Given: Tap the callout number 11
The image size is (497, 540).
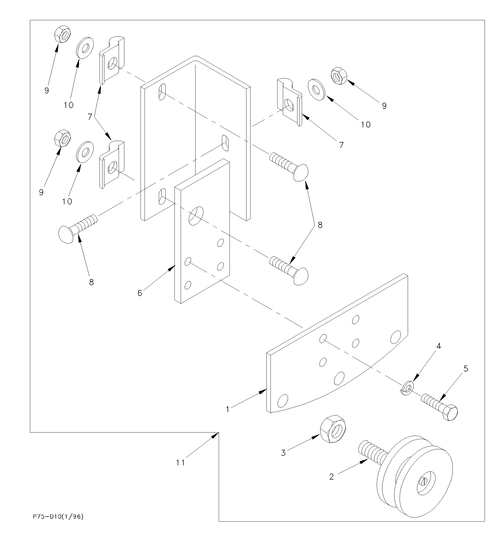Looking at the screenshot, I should point(180,463).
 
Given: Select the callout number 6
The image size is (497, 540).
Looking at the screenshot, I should point(140,293).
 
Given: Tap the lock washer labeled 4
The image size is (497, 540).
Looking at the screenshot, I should point(406,389).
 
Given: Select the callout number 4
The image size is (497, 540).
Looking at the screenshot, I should point(439,346).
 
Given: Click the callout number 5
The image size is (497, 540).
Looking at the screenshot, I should point(466,369).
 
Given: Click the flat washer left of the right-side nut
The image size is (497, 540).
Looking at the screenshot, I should point(316,90).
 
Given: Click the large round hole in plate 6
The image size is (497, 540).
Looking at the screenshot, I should point(196,216).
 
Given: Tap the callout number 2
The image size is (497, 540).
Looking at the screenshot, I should point(332,477).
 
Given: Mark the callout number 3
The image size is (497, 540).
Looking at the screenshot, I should point(283,453).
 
